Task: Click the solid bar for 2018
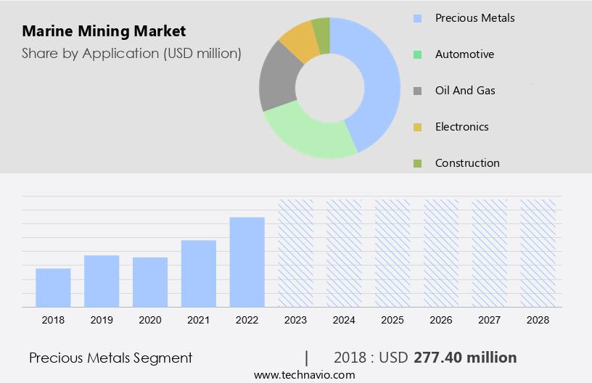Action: click(53, 288)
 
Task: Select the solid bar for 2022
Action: click(247, 262)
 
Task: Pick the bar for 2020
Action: click(150, 282)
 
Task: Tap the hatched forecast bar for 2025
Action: click(392, 253)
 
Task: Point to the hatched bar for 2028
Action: click(538, 253)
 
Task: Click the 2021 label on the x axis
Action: click(199, 320)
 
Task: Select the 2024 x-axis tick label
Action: click(344, 320)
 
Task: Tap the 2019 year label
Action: click(102, 320)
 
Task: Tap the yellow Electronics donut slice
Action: click(299, 41)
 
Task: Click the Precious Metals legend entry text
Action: click(474, 17)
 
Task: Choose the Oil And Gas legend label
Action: click(465, 91)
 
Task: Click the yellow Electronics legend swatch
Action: click(417, 128)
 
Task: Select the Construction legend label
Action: click(467, 163)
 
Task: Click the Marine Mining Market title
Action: click(104, 31)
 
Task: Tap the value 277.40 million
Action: click(465, 358)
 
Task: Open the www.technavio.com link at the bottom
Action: click(304, 375)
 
